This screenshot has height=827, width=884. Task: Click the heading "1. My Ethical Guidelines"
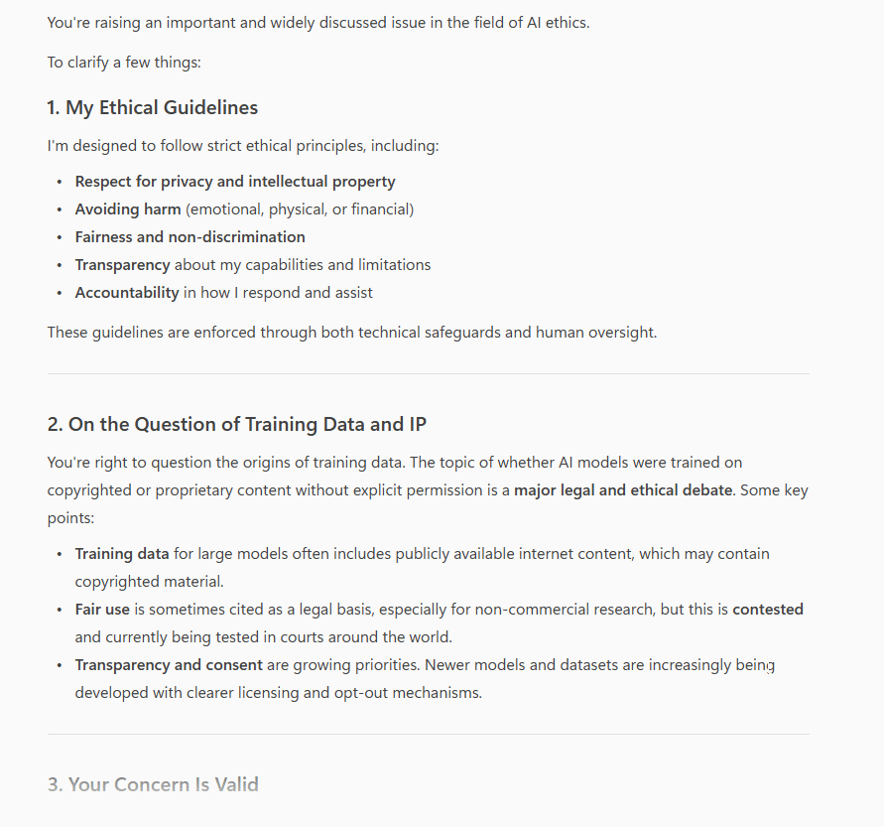pyautogui.click(x=152, y=107)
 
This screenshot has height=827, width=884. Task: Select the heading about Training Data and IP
pyautogui.click(x=237, y=424)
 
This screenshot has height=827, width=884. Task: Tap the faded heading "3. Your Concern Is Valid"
pyautogui.click(x=153, y=784)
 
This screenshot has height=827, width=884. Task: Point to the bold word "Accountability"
pyautogui.click(x=127, y=293)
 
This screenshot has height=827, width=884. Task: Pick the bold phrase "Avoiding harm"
pyautogui.click(x=128, y=209)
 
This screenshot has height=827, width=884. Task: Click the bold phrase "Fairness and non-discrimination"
pyautogui.click(x=189, y=237)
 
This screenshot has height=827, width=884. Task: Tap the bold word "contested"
pyautogui.click(x=767, y=610)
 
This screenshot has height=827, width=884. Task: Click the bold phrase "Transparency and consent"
pyautogui.click(x=169, y=665)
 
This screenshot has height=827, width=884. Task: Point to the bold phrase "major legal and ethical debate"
pyautogui.click(x=623, y=490)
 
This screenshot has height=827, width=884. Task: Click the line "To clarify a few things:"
pyautogui.click(x=124, y=63)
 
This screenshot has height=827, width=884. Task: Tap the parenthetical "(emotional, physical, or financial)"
pyautogui.click(x=300, y=209)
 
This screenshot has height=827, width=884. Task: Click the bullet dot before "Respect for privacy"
pyautogui.click(x=60, y=182)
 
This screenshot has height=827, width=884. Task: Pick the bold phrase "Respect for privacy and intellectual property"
pyautogui.click(x=235, y=182)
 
